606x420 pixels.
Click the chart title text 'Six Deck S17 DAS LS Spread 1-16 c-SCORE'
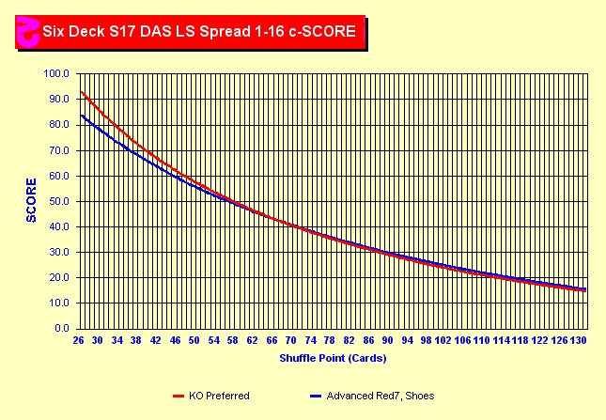click(198, 31)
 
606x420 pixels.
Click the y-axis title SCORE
click(31, 200)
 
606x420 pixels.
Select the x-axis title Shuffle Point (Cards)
click(333, 358)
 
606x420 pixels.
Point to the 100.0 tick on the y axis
click(58, 73)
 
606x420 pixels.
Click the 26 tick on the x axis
click(78, 340)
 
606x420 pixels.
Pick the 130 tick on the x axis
click(582, 340)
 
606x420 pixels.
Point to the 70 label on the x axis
click(291, 340)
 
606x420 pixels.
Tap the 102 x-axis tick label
click(445, 340)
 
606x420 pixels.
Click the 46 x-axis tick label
click(175, 340)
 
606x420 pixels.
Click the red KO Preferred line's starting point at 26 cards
click(81, 91)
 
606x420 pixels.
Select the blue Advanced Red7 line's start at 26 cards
click(81, 115)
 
